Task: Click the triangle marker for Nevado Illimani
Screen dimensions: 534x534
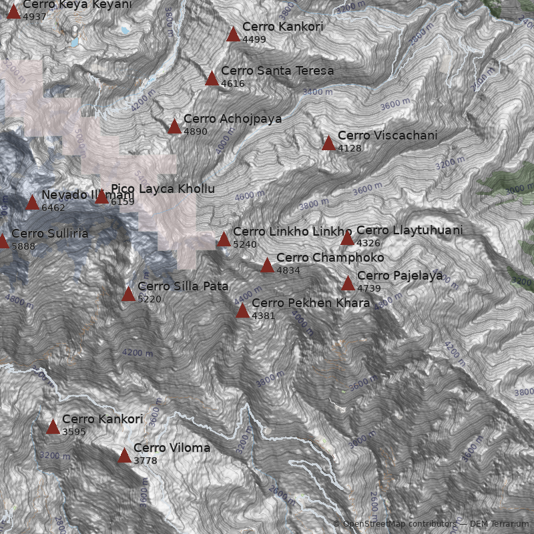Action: [x=32, y=202]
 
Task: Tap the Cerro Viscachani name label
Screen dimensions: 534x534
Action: [x=387, y=136]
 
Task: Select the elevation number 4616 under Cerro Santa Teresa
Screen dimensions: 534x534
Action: [x=233, y=84]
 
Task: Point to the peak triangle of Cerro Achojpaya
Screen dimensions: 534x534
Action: [x=175, y=126]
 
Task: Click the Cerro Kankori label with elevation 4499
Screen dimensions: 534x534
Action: [x=282, y=27]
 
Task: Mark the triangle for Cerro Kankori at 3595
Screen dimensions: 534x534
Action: [x=53, y=427]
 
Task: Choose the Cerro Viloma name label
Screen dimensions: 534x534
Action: [x=172, y=448]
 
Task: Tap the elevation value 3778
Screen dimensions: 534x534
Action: [x=146, y=461]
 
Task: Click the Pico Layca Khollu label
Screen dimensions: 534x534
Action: [x=163, y=189]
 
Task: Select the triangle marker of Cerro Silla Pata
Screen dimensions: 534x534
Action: [x=129, y=294]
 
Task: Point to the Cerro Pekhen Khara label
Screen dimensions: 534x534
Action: [x=310, y=303]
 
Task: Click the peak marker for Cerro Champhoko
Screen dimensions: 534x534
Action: [x=268, y=266]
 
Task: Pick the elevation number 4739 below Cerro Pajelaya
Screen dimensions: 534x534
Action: [x=368, y=288]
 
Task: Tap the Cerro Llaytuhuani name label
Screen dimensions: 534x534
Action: [x=409, y=230]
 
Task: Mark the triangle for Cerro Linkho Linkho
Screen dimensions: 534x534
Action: [x=224, y=239]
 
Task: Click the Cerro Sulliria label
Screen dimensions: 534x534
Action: [x=49, y=234]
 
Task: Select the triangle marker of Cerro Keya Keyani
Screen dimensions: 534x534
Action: [x=14, y=11]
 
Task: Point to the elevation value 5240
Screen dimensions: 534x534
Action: [x=245, y=244]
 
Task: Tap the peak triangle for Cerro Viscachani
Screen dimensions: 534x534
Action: [x=328, y=143]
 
